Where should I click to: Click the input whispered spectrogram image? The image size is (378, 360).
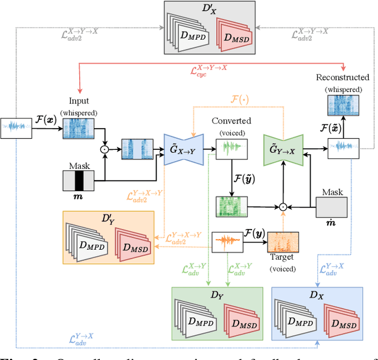(x=79, y=129)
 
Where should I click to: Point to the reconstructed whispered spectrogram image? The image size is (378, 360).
(x=342, y=107)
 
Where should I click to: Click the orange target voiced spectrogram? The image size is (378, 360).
(x=283, y=244)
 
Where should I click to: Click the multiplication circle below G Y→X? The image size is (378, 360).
(x=283, y=207)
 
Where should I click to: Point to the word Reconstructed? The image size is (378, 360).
(x=343, y=77)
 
